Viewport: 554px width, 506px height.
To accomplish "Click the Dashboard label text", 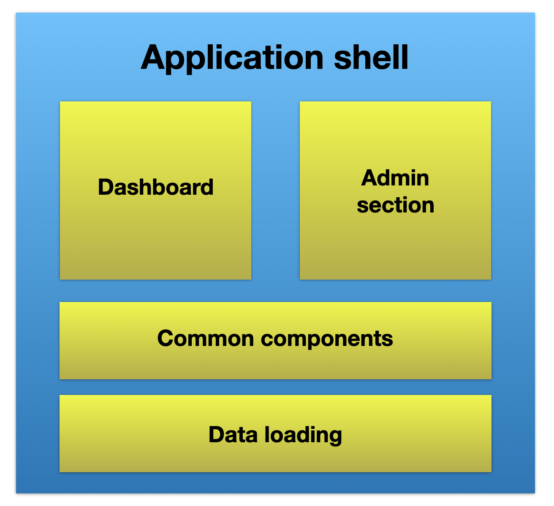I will [x=155, y=187].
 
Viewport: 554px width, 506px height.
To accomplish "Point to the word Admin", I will [x=395, y=178].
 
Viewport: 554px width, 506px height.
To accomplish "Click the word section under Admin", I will [x=395, y=205].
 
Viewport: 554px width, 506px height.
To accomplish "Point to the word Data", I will [x=234, y=435].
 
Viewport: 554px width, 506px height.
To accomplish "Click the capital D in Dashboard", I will [x=105, y=187].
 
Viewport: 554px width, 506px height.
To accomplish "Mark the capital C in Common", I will [x=165, y=339].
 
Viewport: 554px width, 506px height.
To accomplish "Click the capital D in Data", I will [x=216, y=435].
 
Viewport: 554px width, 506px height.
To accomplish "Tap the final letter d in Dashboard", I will [x=207, y=187].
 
